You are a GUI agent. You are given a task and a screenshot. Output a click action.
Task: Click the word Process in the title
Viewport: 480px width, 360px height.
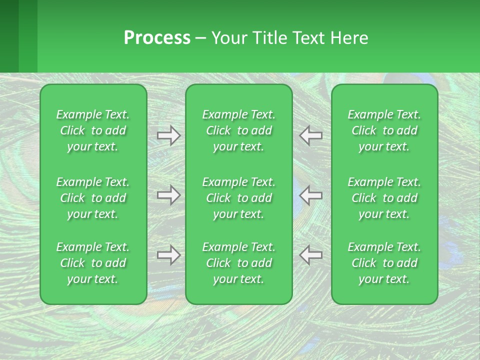pyautogui.click(x=157, y=38)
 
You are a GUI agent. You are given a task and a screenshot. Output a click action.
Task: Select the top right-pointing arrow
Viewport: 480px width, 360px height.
pyautogui.click(x=168, y=135)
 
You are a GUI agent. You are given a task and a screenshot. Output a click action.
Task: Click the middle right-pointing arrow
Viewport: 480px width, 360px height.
pyautogui.click(x=168, y=195)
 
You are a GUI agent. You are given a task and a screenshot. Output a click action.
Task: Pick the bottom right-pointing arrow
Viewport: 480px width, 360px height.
pyautogui.click(x=168, y=255)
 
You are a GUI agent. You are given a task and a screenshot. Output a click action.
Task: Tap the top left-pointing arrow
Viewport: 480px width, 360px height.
pyautogui.click(x=311, y=135)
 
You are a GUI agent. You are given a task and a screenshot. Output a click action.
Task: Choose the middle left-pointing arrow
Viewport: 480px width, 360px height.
pyautogui.click(x=311, y=195)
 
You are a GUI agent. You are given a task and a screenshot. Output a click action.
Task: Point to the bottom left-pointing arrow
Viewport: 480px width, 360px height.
pyautogui.click(x=311, y=255)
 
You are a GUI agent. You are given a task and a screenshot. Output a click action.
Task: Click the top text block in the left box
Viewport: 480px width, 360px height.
pyautogui.click(x=93, y=130)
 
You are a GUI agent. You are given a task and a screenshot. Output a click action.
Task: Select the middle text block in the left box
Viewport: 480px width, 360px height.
pyautogui.click(x=93, y=198)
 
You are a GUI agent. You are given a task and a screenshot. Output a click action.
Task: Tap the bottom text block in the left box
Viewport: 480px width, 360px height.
pyautogui.click(x=93, y=263)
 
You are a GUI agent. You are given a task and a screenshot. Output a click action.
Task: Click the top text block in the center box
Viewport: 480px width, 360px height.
pyautogui.click(x=239, y=130)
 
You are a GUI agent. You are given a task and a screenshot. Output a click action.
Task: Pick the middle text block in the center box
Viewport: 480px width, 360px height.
pyautogui.click(x=239, y=198)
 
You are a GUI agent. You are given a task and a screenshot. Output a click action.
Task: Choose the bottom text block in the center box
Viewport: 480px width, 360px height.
pyautogui.click(x=239, y=263)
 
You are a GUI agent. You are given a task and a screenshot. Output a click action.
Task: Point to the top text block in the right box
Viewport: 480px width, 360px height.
pyautogui.click(x=384, y=130)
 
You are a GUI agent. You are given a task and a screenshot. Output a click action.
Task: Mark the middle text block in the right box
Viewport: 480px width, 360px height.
pyautogui.click(x=384, y=198)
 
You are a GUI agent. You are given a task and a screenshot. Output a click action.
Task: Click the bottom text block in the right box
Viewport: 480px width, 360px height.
pyautogui.click(x=384, y=263)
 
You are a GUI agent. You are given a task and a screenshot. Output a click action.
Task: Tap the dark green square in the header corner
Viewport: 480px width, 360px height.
pyautogui.click(x=9, y=36)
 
